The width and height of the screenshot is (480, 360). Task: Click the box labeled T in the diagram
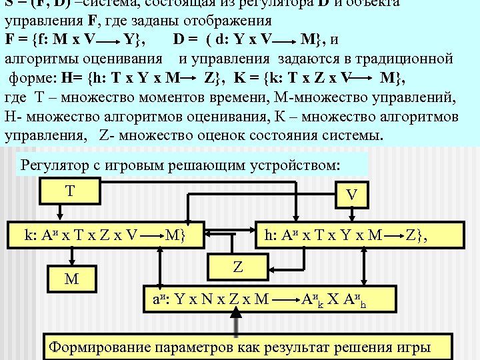69,191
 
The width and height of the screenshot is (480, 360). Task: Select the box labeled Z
237,266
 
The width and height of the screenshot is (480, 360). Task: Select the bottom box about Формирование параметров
240,346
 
